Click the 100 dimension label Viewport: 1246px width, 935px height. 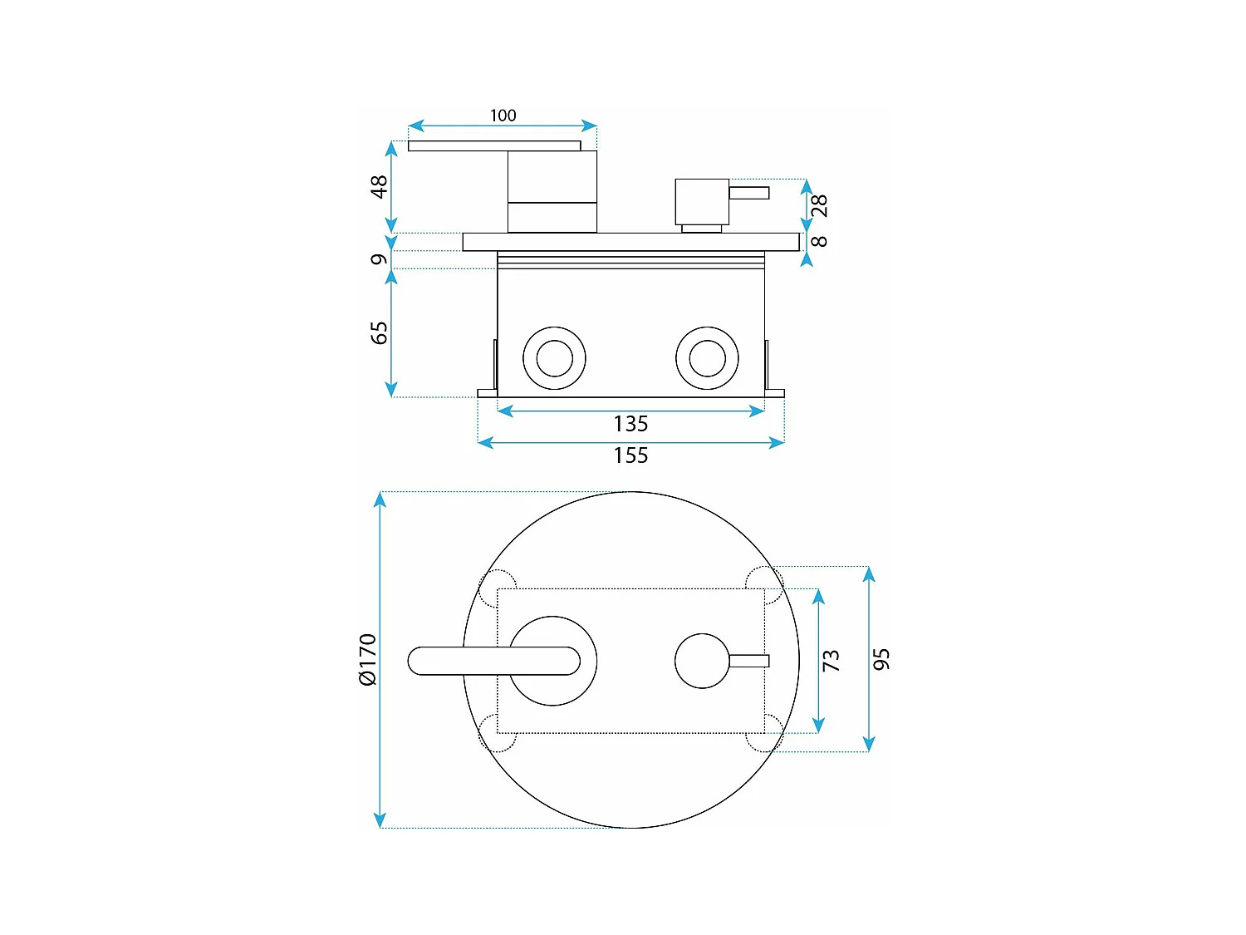(503, 116)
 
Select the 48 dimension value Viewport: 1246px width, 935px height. (379, 186)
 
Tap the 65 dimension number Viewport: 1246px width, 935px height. (379, 332)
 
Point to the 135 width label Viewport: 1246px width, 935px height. (630, 424)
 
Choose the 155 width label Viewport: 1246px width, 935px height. (630, 455)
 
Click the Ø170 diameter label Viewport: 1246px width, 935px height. (367, 660)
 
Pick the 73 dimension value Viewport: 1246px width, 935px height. (831, 661)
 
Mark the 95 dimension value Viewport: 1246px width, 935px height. (881, 659)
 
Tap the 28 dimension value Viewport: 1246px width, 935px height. (819, 205)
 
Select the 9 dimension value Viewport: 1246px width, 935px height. (379, 259)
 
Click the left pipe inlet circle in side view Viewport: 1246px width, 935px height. (554, 358)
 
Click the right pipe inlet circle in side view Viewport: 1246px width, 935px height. (707, 358)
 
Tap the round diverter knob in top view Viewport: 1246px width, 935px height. (702, 661)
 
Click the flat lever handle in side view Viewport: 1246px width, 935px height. (493, 146)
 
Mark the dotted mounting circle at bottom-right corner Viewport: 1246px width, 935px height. (764, 733)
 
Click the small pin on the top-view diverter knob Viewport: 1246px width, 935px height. (749, 661)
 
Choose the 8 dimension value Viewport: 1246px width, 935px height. (819, 241)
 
